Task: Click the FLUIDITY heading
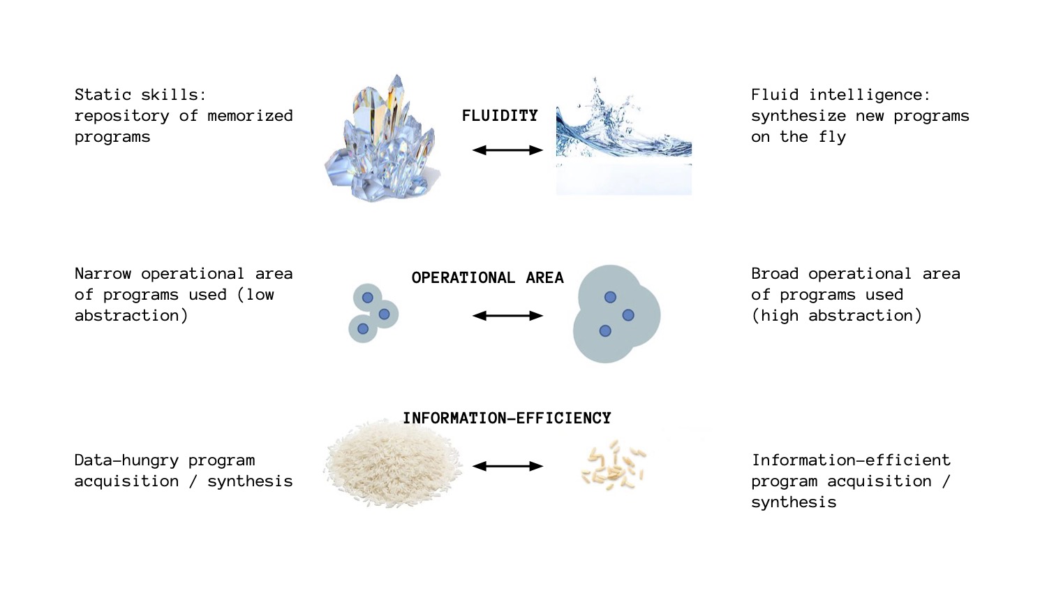coord(500,116)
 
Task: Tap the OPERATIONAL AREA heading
coord(487,278)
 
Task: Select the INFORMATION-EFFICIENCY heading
coord(507,419)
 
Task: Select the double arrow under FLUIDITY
coord(507,150)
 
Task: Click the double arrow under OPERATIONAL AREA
coord(507,316)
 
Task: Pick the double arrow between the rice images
coord(507,466)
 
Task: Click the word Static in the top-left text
coord(103,95)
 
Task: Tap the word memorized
coord(250,116)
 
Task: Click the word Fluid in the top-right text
coord(775,95)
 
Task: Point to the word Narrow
coord(103,274)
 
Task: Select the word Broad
coord(775,274)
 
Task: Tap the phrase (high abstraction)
coord(836,316)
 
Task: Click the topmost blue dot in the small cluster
coord(367,298)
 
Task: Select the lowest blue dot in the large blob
coord(605,331)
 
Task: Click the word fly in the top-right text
coord(832,137)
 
